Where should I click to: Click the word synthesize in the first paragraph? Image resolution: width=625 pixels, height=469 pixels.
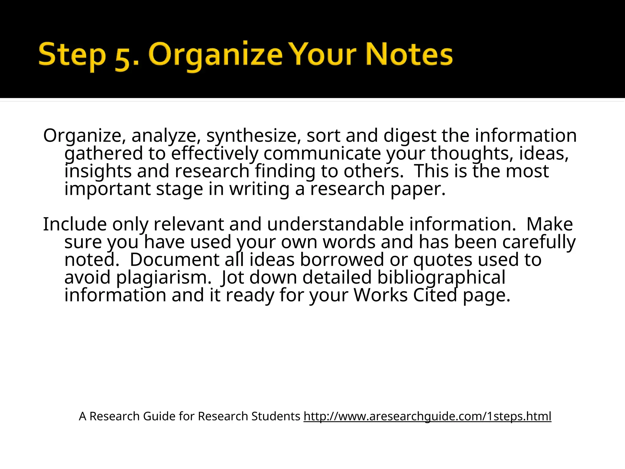coord(254,136)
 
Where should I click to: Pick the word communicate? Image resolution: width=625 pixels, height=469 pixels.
coord(322,153)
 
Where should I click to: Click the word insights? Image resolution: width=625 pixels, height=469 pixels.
coord(98,171)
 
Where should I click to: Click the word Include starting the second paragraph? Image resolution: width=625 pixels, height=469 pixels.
coord(75,224)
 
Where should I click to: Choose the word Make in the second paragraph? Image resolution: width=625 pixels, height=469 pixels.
coord(550,224)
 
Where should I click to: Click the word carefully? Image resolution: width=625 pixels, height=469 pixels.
coord(539,242)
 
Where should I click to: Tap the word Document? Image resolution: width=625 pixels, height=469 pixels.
coord(175,260)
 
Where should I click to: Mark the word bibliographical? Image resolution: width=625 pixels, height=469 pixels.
coord(441,277)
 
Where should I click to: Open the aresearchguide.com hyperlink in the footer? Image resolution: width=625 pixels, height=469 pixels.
coord(427,416)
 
